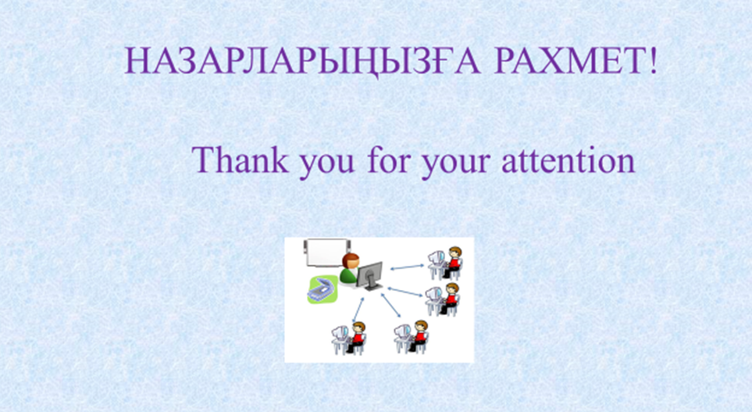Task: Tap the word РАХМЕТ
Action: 568,60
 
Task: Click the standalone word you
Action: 326,164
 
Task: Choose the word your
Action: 455,164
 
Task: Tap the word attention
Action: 568,160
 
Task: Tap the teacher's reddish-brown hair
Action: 351,260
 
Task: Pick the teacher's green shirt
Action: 347,275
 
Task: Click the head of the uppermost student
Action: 454,253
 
